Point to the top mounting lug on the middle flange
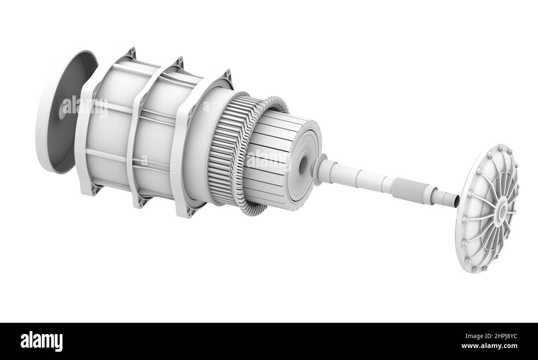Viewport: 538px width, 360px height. [178, 63]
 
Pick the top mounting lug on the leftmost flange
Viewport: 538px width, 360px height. [130, 53]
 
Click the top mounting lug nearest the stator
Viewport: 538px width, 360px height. [226, 76]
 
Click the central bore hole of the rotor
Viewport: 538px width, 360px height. [303, 165]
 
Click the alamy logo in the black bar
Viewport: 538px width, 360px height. [41, 341]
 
